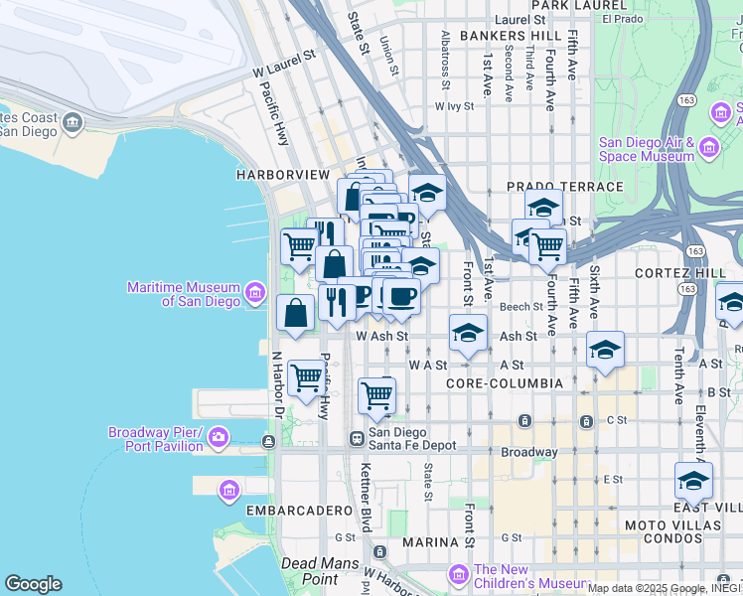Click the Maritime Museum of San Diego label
pos(183,294)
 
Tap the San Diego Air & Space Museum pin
pos(709,149)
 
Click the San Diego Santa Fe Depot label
pos(412,438)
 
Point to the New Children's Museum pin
pos(458,574)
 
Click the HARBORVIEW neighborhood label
pos(282,174)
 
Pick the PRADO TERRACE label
pos(564,186)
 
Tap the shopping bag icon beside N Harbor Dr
pos(296,312)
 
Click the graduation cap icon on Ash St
pos(468,333)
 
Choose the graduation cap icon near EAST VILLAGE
pos(692,481)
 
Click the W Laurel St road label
pos(283,72)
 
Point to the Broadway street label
pos(528,452)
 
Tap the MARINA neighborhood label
pos(429,542)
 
